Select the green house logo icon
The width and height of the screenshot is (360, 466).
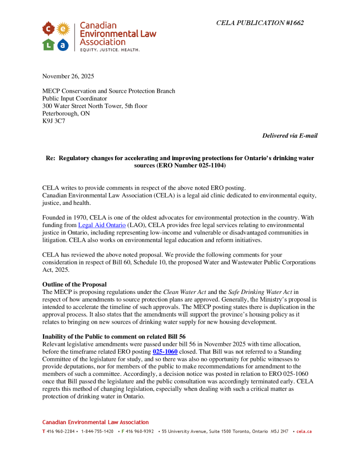pyautogui.click(x=48, y=45)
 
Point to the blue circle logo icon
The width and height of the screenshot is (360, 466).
pyautogui.click(x=63, y=45)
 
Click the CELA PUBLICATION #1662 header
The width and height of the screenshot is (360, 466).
pyautogui.click(x=260, y=23)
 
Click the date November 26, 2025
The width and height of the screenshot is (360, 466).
pyautogui.click(x=68, y=76)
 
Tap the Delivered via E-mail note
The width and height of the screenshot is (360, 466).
pyautogui.click(x=290, y=136)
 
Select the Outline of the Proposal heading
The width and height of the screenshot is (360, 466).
pyautogui.click(x=75, y=284)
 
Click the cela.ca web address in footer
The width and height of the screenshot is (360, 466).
pyautogui.click(x=304, y=431)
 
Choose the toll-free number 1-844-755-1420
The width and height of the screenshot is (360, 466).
pyautogui.click(x=97, y=431)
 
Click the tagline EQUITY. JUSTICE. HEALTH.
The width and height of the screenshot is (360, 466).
pyautogui.click(x=110, y=49)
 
